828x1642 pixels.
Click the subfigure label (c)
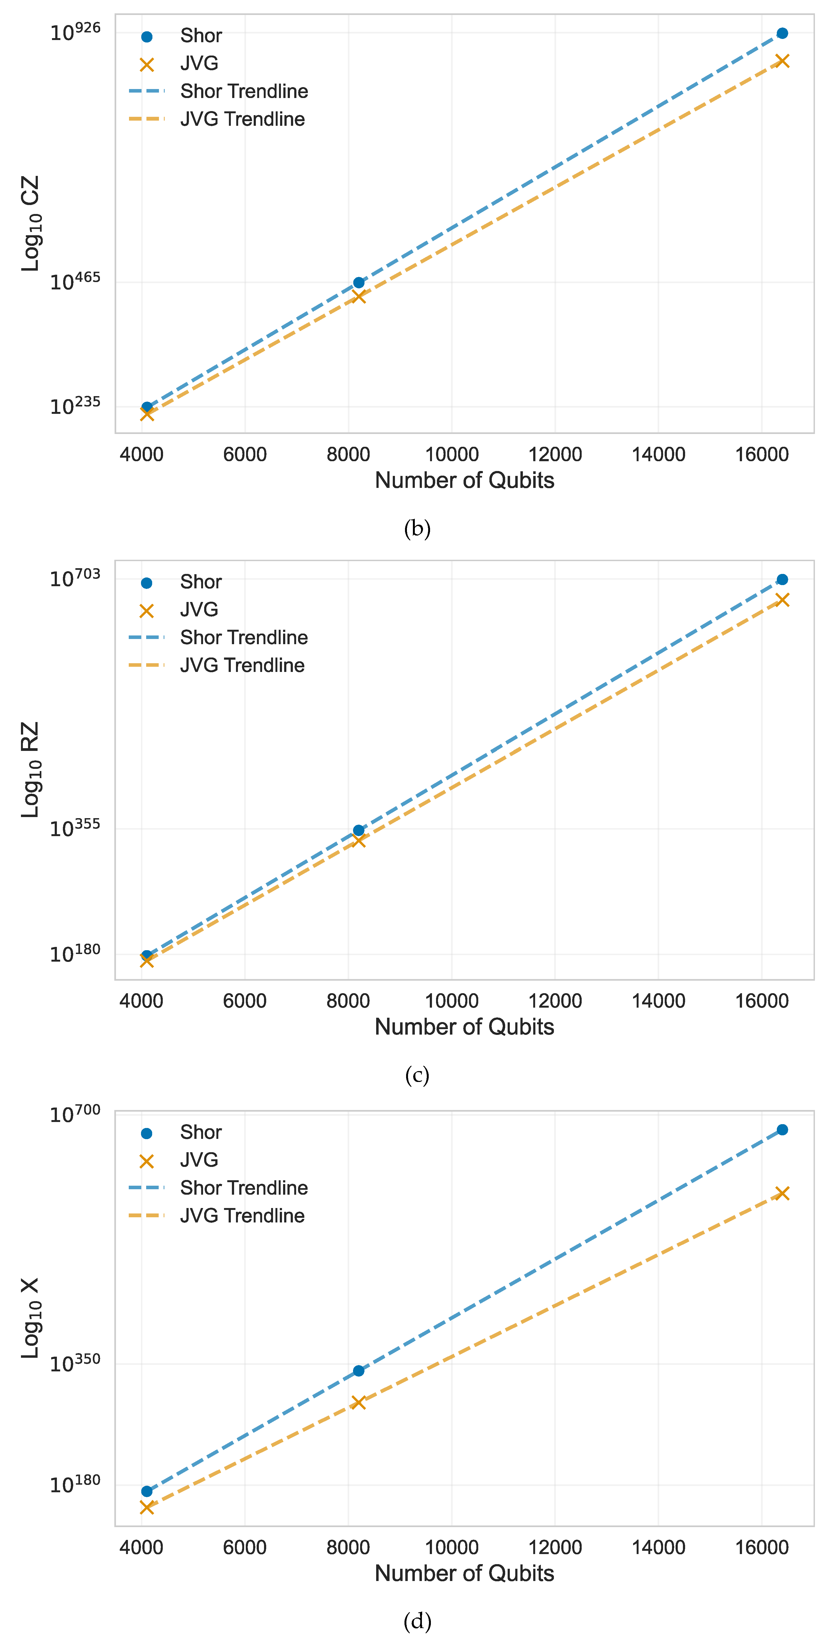point(418,1075)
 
